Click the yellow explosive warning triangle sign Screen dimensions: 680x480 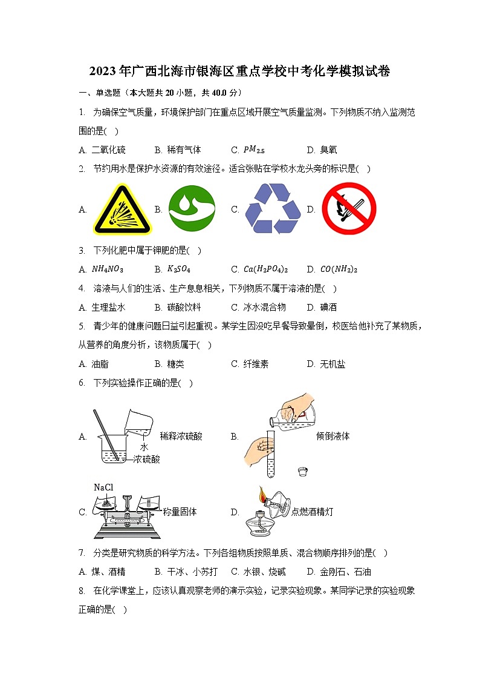coord(123,210)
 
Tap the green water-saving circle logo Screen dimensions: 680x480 coord(192,208)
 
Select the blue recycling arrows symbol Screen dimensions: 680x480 coord(273,208)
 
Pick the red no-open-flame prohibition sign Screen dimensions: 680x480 coord(349,209)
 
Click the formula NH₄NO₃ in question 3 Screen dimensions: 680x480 coord(108,269)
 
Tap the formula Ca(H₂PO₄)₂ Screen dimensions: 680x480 coord(265,269)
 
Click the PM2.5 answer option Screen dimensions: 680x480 coord(254,150)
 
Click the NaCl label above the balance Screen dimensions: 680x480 coord(103,487)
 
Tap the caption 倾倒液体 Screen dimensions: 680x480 coord(332,436)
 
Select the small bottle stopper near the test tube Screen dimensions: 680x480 coord(303,470)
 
